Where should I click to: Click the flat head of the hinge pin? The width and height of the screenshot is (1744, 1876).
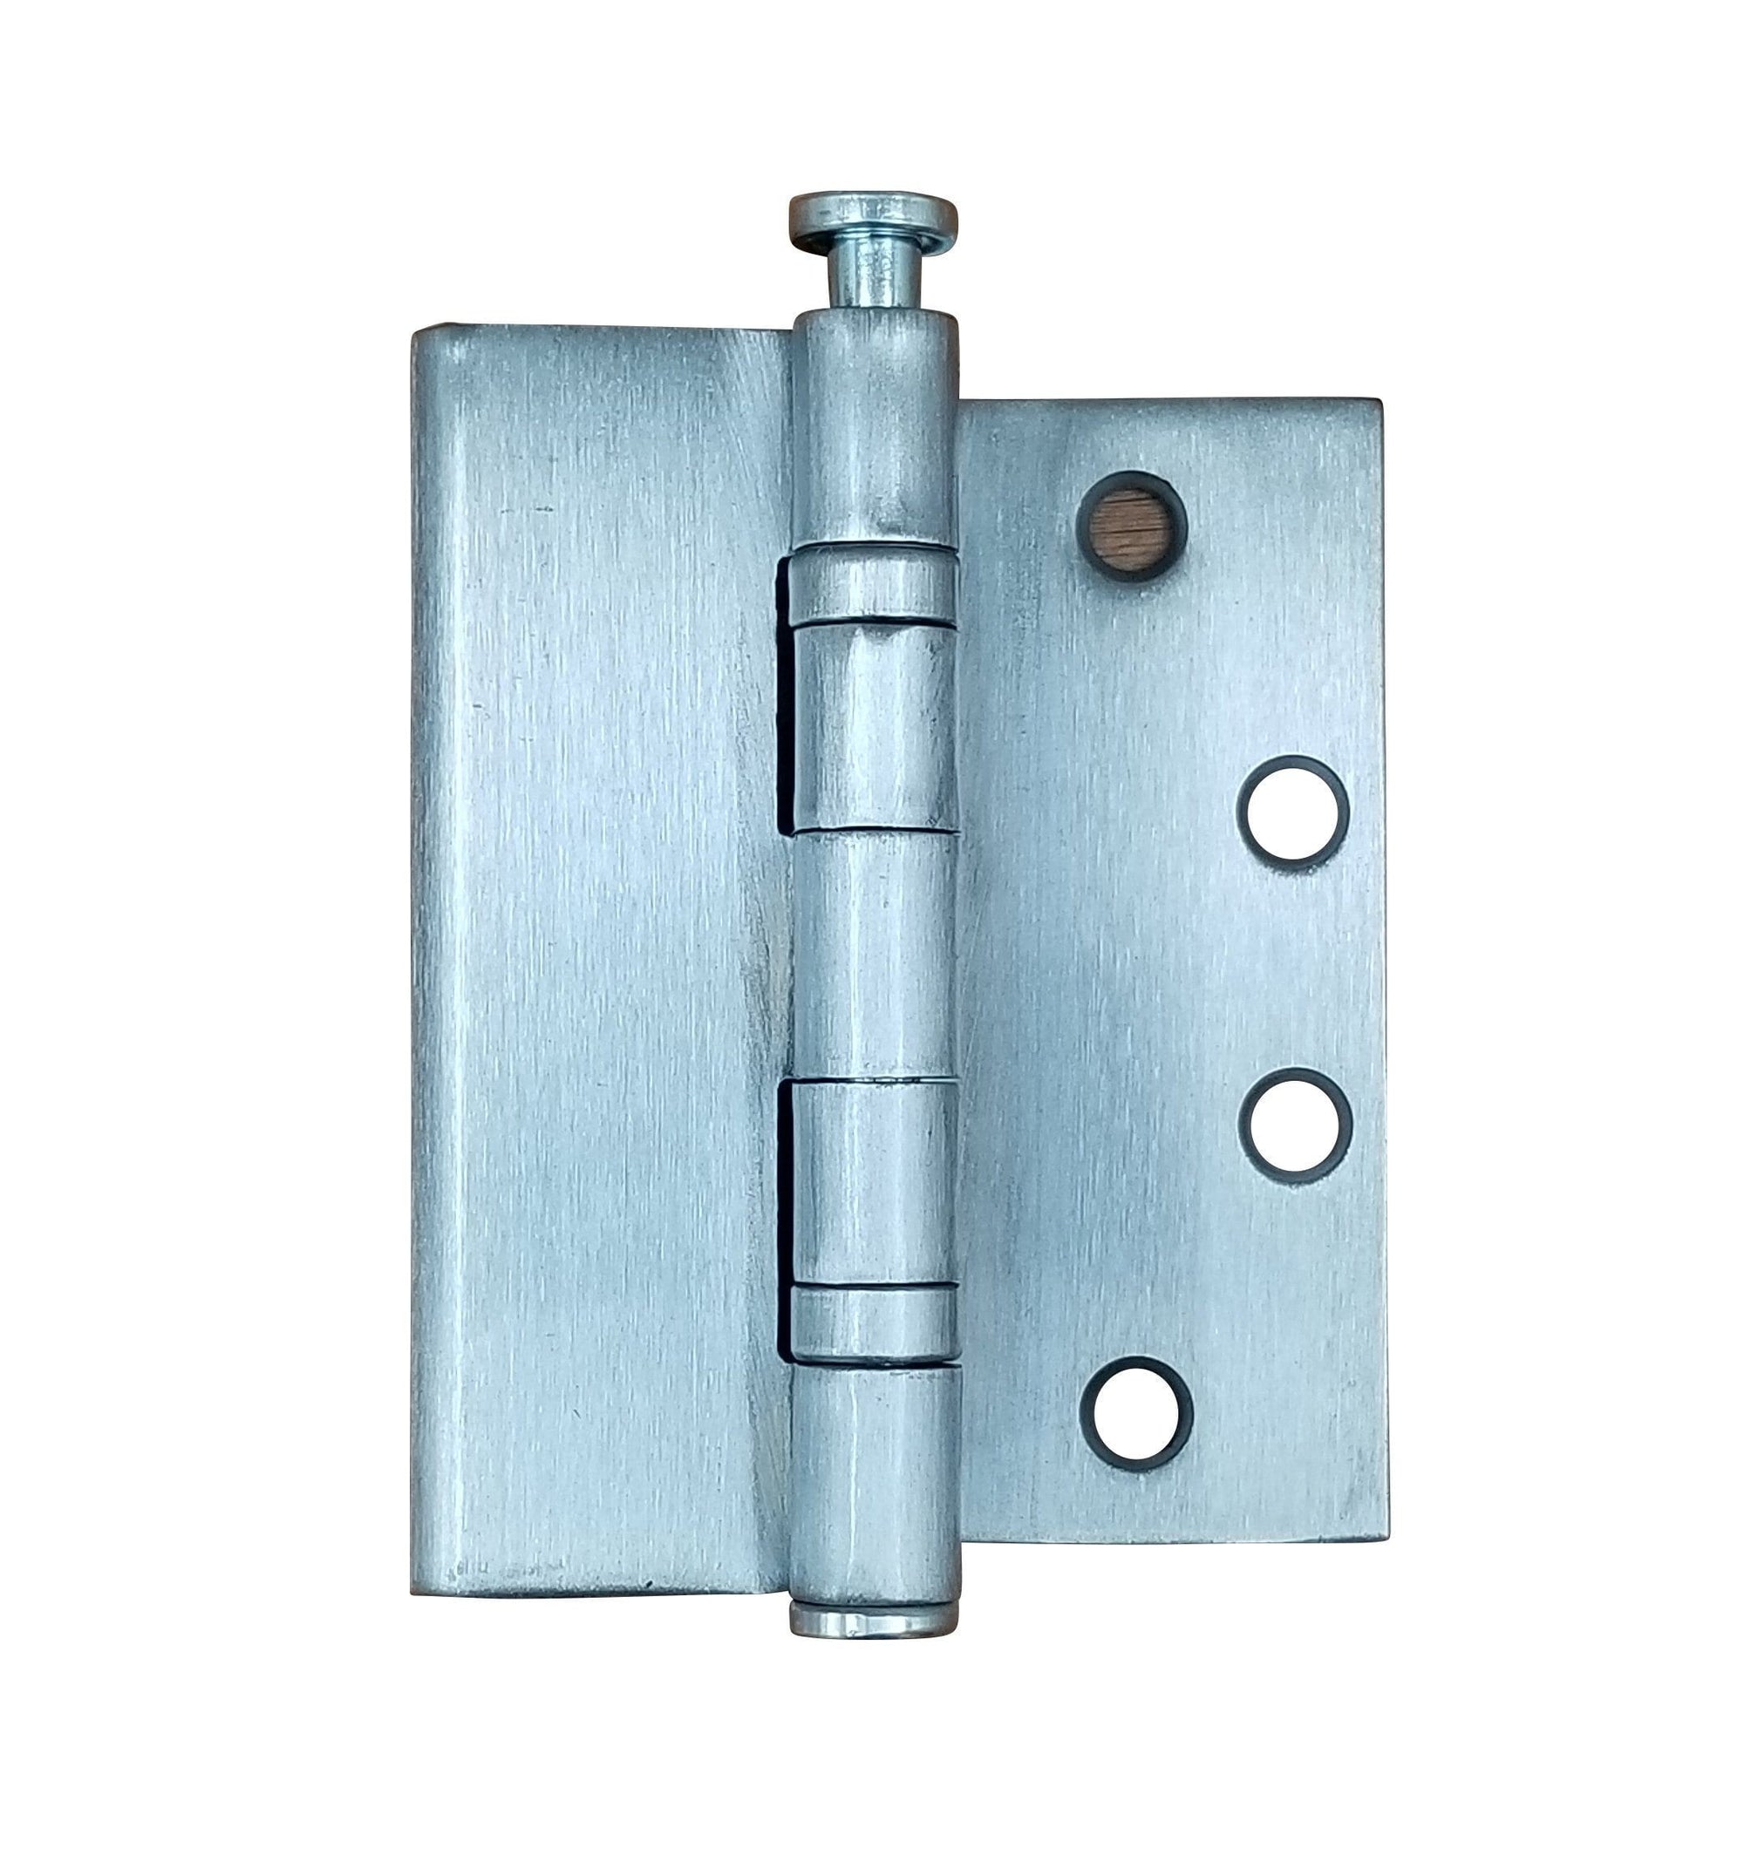click(x=873, y=215)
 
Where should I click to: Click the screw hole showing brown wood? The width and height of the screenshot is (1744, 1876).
click(x=1129, y=526)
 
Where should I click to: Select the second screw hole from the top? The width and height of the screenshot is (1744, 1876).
click(x=1294, y=810)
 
